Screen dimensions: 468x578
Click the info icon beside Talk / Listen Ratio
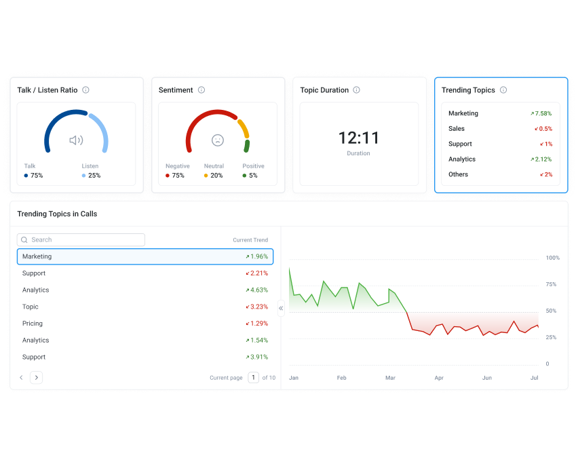pyautogui.click(x=85, y=90)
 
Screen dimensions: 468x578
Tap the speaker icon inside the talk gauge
pyautogui.click(x=76, y=140)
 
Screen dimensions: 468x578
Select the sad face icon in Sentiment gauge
pyautogui.click(x=217, y=140)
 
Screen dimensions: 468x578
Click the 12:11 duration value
pyautogui.click(x=359, y=138)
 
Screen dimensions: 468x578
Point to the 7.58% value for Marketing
pyautogui.click(x=543, y=114)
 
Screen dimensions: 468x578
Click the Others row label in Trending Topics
pyautogui.click(x=458, y=174)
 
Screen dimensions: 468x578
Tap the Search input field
pyautogui.click(x=81, y=240)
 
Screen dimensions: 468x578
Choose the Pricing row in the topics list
pyautogui.click(x=33, y=324)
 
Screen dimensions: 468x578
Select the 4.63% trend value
pyautogui.click(x=258, y=290)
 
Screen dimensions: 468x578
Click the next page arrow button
pyautogui.click(x=37, y=378)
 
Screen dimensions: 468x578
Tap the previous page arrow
pyautogui.click(x=21, y=378)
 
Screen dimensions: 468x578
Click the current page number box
pyautogui.click(x=253, y=378)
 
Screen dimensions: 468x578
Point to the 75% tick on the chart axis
pyautogui.click(x=552, y=285)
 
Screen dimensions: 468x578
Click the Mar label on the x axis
pyautogui.click(x=390, y=378)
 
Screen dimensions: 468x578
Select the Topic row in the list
pyautogui.click(x=31, y=307)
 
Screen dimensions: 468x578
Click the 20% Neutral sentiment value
pyautogui.click(x=216, y=176)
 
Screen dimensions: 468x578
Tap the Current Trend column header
pyautogui.click(x=250, y=240)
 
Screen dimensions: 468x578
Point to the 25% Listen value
pyautogui.click(x=94, y=176)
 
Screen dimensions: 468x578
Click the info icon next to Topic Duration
pyautogui.click(x=356, y=90)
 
